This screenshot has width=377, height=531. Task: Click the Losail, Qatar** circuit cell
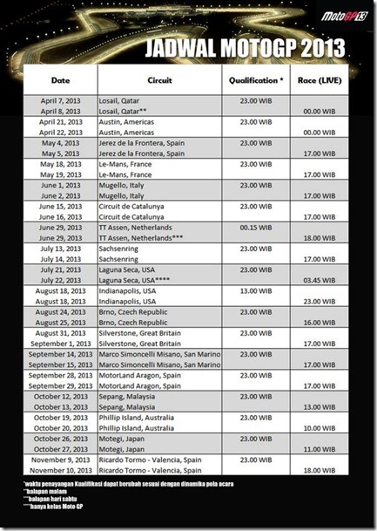click(131, 112)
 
